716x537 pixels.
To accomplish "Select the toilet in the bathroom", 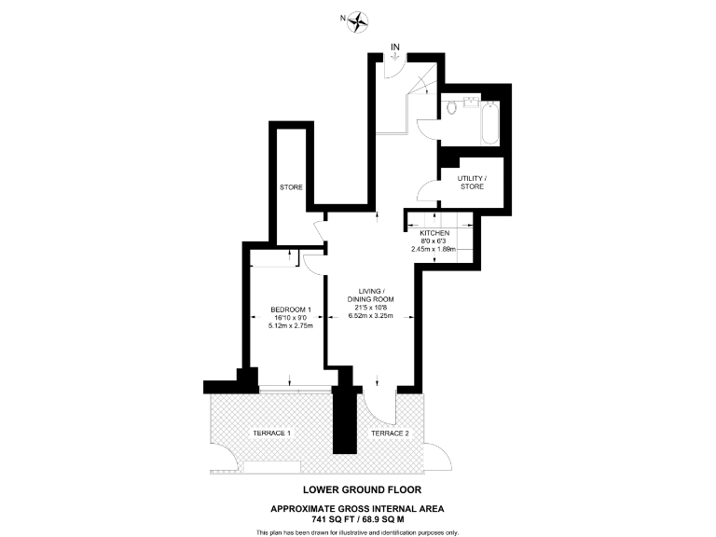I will coord(453,107).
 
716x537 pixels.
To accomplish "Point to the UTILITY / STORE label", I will coord(471,182).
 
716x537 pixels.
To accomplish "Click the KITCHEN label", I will coord(434,232).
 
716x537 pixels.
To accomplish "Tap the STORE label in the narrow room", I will coord(292,187).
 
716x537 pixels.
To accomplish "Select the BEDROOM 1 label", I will coord(290,309).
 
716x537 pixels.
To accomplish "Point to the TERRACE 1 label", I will coord(272,434).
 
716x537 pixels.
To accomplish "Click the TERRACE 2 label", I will coord(390,434).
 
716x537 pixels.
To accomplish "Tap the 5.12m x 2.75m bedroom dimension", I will coord(290,326).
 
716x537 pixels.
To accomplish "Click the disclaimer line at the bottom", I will coord(357,531).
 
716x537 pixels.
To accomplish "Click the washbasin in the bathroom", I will coord(471,99).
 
